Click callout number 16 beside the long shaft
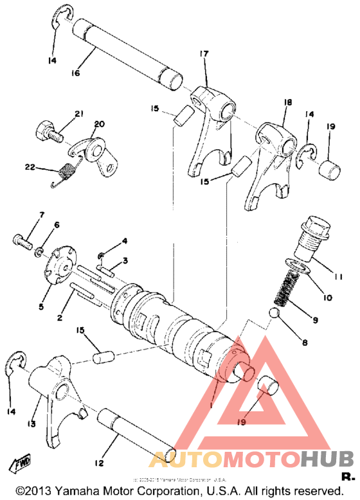point(75,74)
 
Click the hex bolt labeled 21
point(48,132)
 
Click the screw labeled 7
point(21,242)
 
